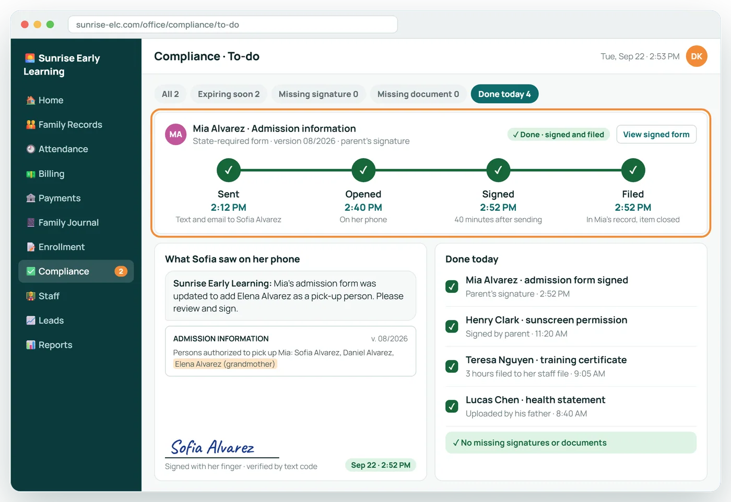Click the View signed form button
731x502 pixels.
click(656, 135)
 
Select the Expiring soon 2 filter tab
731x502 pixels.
click(229, 94)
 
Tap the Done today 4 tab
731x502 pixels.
click(504, 94)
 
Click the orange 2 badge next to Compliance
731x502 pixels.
click(121, 271)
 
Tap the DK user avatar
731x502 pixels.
click(697, 56)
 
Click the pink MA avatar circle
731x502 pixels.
click(175, 134)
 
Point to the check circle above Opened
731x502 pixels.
click(363, 170)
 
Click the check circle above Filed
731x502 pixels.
click(633, 170)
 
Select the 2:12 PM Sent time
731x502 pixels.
click(229, 208)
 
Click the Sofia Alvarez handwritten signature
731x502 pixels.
click(213, 447)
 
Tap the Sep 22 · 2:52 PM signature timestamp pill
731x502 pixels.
click(381, 465)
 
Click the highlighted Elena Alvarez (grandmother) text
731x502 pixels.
click(225, 364)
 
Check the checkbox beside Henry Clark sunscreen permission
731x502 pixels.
click(452, 326)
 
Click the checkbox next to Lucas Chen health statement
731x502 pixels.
click(452, 406)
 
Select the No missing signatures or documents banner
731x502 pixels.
click(571, 443)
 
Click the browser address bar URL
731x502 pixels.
click(158, 25)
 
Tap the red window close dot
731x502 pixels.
click(25, 25)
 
